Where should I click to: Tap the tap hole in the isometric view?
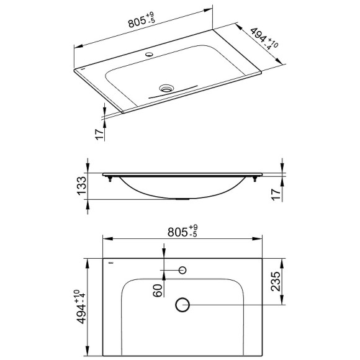[x=149, y=55]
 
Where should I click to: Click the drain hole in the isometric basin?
[x=166, y=88]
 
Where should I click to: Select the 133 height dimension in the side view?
[x=79, y=185]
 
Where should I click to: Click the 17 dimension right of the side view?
[x=277, y=194]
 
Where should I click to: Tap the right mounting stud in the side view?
[x=254, y=180]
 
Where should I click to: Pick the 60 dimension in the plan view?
[x=159, y=289]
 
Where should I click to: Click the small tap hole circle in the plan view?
[x=182, y=270]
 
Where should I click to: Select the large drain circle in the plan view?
[x=182, y=304]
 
